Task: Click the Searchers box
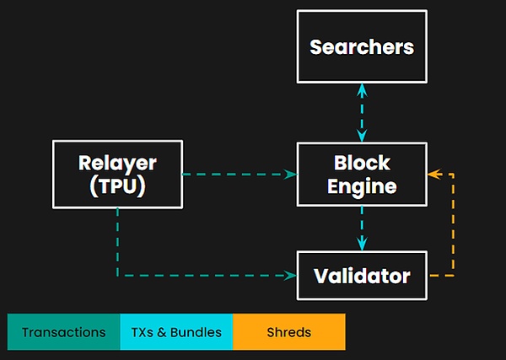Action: click(x=362, y=47)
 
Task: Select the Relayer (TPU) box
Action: click(x=117, y=174)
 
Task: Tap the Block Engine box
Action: click(x=362, y=174)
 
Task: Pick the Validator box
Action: click(x=362, y=276)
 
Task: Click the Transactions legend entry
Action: click(x=64, y=332)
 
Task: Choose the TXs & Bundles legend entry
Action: click(x=176, y=332)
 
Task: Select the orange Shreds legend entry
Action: click(x=288, y=332)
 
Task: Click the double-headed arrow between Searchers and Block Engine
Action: click(x=363, y=111)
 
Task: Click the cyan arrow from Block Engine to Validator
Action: click(x=363, y=228)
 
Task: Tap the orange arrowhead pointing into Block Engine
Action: click(x=433, y=175)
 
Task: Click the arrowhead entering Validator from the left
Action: click(x=292, y=276)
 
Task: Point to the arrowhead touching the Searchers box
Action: click(x=363, y=88)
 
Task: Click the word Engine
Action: click(x=362, y=186)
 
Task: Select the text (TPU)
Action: click(x=117, y=186)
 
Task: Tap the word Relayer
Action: click(x=117, y=162)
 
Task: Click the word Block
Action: click(x=362, y=162)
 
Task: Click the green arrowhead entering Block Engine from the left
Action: click(x=292, y=175)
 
